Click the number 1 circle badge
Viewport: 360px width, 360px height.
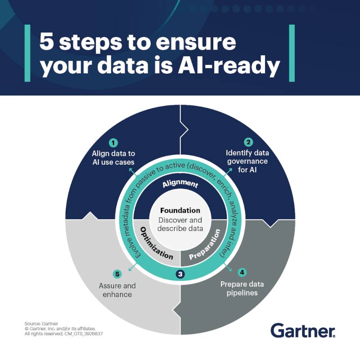(113, 143)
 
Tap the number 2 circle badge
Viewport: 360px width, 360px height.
(248, 142)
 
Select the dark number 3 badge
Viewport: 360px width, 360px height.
(180, 274)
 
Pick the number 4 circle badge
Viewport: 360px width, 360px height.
(242, 272)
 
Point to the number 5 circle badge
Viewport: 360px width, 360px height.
(117, 274)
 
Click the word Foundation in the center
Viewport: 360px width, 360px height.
(180, 210)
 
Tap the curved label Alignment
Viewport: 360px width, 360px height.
(180, 184)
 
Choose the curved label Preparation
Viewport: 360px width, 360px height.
(205, 244)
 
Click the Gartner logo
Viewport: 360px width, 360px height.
(303, 330)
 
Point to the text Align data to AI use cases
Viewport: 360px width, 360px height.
(113, 158)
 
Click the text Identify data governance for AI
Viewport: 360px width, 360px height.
(247, 161)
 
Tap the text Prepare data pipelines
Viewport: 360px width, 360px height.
(242, 288)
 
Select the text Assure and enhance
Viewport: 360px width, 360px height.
(117, 290)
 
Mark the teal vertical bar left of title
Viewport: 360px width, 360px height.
(27, 53)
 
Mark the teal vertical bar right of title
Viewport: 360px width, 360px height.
(292, 53)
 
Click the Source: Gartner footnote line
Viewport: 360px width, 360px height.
(41, 324)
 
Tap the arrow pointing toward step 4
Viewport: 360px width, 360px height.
(228, 268)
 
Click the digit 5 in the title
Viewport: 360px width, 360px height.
(47, 41)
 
